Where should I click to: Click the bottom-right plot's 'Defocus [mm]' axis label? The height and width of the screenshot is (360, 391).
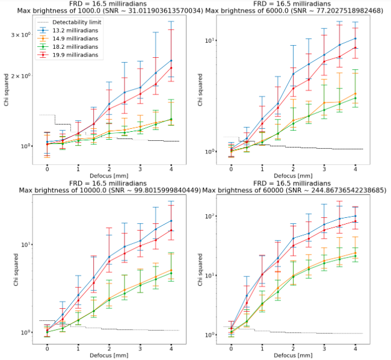coord(293,355)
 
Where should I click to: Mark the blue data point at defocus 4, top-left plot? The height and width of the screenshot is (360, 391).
coord(171,60)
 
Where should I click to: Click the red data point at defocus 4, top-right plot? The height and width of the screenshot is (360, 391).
coord(356,48)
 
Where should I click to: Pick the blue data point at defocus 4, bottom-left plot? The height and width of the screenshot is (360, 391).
coord(171,221)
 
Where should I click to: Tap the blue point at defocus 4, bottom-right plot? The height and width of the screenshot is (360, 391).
coord(356,216)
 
